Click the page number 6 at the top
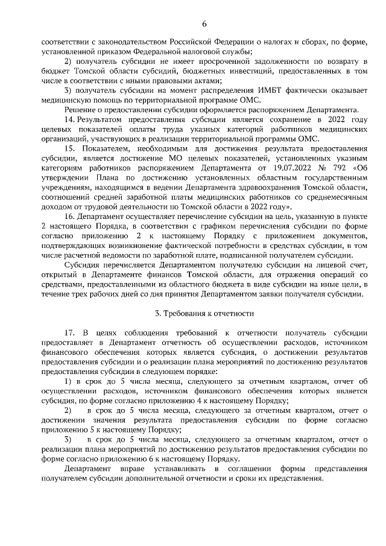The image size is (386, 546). point(204,24)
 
